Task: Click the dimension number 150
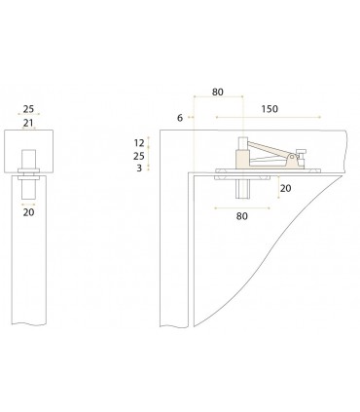point(270,109)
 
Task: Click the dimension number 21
point(28,123)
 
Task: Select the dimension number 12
point(138,142)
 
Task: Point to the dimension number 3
point(138,169)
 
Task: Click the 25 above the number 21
point(28,110)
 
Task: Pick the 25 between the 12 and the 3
point(138,156)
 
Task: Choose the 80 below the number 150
point(240,217)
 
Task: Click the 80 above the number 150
point(217,93)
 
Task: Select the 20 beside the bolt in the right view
point(285,188)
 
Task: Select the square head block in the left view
point(28,151)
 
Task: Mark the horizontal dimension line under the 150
point(270,118)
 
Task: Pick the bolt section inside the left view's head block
point(28,158)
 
